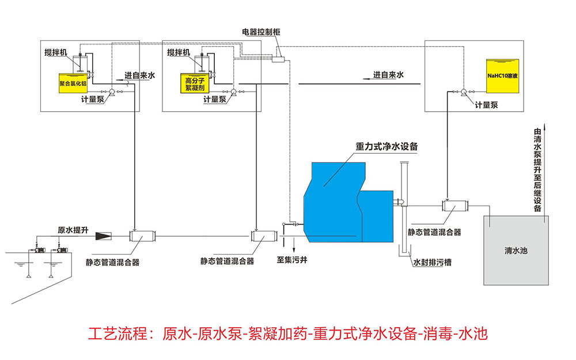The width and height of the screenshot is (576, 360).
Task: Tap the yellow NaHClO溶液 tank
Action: (502, 75)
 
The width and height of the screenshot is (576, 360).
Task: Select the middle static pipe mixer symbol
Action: (257, 235)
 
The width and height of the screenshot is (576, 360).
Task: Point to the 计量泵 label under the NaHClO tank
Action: (486, 105)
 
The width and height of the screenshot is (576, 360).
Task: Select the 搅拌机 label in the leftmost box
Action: (55, 52)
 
